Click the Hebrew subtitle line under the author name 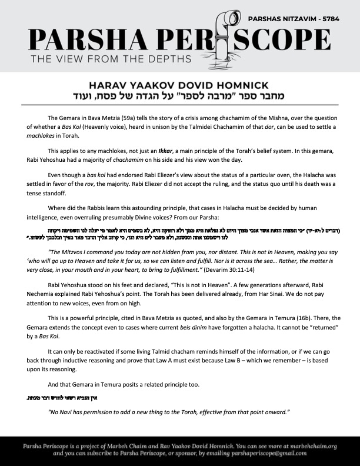point(179,96)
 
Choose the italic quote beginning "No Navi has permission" point(161,412)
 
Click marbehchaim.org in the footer point(308,446)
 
